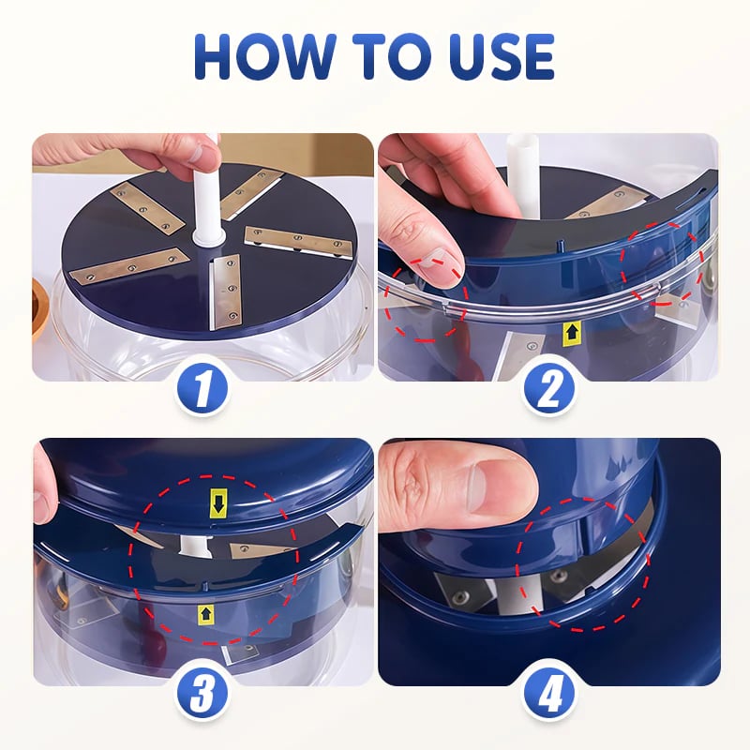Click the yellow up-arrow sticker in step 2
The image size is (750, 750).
click(572, 331)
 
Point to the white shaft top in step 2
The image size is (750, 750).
click(521, 155)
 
